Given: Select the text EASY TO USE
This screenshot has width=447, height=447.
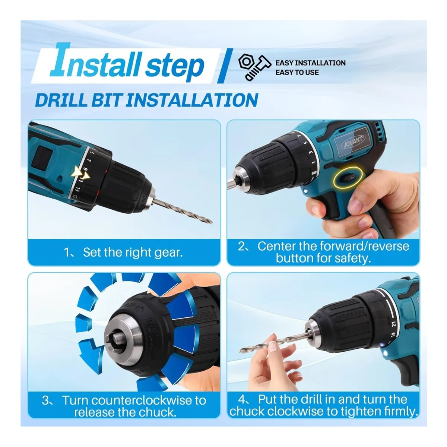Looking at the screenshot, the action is coord(297,72).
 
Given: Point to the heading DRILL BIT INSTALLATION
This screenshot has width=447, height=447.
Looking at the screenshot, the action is coord(147,100).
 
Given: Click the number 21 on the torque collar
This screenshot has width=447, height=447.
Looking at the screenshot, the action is coord(394,324).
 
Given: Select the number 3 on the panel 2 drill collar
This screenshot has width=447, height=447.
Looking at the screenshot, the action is coord(311,152).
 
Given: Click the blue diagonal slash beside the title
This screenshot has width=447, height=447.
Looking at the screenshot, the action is coord(225,66).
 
